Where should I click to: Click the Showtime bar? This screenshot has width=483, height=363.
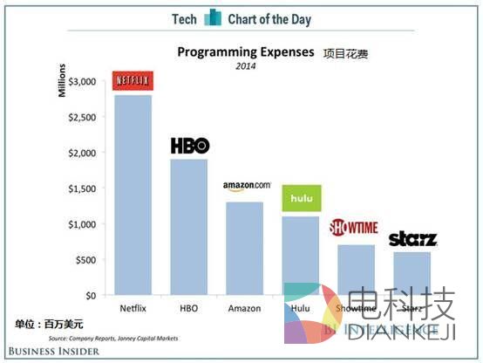pos(354,270)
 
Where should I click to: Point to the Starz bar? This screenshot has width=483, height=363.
pos(412,273)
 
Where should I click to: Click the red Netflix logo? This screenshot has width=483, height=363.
pos(133,81)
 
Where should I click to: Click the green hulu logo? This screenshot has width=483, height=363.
pos(302,200)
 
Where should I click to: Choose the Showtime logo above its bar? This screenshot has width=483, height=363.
pos(353,229)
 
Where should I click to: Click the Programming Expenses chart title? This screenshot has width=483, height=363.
pos(245,52)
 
